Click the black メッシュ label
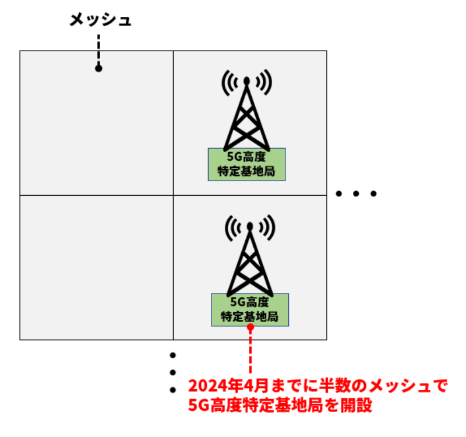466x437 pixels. click(100, 20)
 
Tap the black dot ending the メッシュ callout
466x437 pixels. click(98, 68)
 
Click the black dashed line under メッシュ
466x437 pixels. click(98, 49)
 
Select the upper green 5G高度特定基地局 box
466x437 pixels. click(246, 164)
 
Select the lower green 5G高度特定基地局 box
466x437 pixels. click(249, 309)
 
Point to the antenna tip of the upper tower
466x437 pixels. click(247, 80)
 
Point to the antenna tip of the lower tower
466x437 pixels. click(249, 225)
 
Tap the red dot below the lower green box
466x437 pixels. click(250, 327)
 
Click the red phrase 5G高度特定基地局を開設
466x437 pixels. click(280, 406)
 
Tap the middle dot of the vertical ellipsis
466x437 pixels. click(173, 372)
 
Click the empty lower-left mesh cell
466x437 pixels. click(97, 267)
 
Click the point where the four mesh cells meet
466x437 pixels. click(174, 195)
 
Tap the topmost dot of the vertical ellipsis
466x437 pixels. click(173, 355)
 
